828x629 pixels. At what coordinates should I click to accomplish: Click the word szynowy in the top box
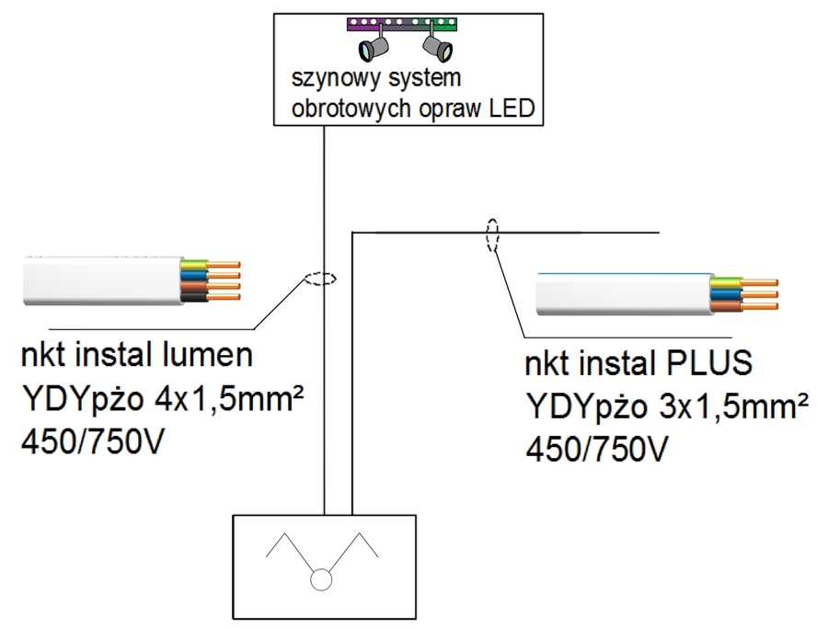[x=325, y=77]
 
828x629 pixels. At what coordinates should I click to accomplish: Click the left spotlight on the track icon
[x=372, y=45]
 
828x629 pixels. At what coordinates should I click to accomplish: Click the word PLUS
[x=707, y=364]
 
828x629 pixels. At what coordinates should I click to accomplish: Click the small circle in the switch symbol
[x=321, y=580]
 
